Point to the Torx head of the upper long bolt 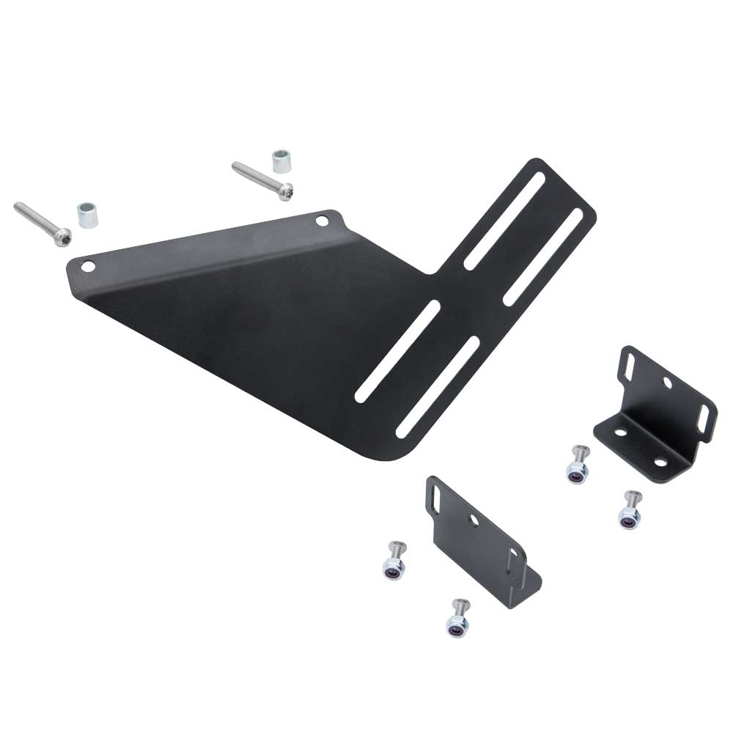click(286, 191)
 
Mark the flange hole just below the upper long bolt click(322, 220)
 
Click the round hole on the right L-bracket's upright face click(667, 382)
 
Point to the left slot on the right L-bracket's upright click(630, 363)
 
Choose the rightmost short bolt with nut click(629, 510)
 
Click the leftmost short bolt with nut click(391, 561)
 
